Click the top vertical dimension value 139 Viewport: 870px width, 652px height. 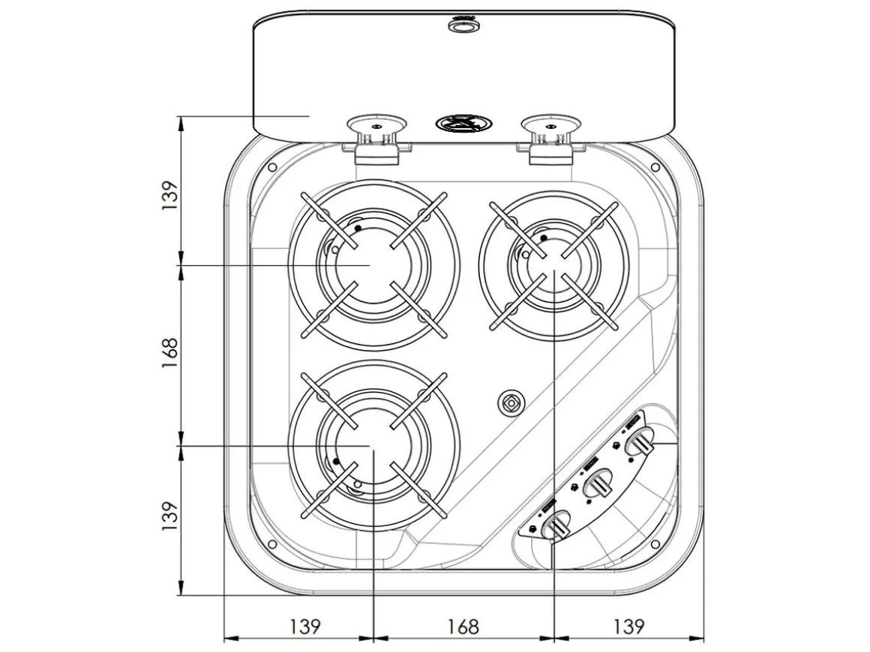click(x=169, y=195)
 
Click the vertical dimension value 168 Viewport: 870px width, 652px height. click(x=169, y=353)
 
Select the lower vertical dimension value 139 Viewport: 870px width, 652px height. click(x=169, y=516)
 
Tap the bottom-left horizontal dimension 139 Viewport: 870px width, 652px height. click(x=305, y=627)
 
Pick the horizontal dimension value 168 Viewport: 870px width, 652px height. click(x=463, y=627)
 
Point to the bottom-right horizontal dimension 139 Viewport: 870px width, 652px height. click(x=628, y=627)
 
